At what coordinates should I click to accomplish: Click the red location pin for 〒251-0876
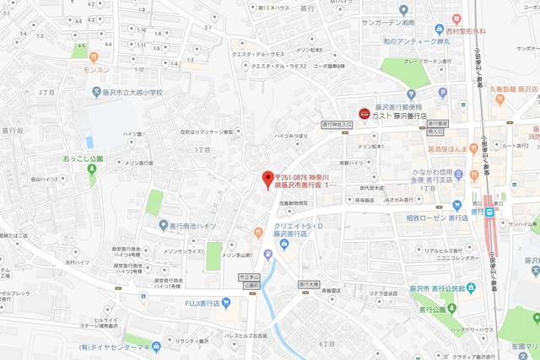point(267,179)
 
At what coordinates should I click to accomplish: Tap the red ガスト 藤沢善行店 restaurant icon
point(364,113)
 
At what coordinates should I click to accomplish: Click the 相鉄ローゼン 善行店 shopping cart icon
point(457,205)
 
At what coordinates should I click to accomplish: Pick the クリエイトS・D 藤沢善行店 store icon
point(283,244)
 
